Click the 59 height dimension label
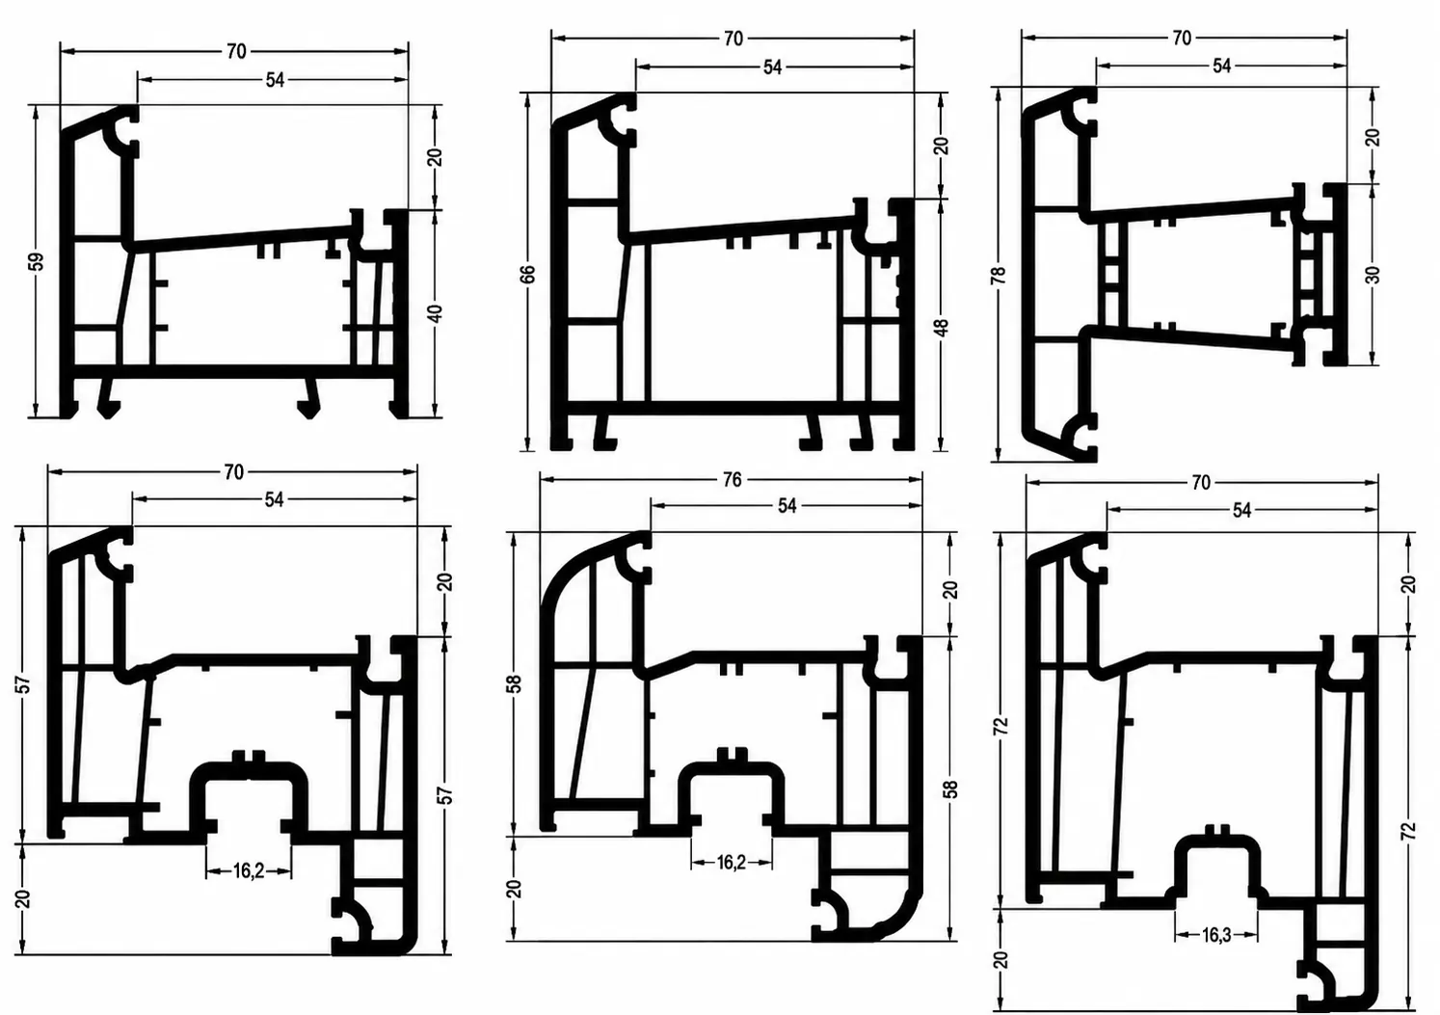[38, 261]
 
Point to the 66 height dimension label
[527, 274]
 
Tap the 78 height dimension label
[999, 275]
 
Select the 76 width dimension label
[733, 479]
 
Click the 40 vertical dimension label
[436, 314]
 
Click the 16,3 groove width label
[1216, 935]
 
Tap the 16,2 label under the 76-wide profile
[732, 863]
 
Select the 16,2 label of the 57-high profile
[248, 871]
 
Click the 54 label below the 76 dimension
[787, 506]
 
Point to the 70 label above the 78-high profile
[1182, 39]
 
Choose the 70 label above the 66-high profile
[733, 40]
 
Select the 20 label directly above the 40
[436, 157]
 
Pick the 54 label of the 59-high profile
[275, 80]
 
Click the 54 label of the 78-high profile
[1221, 67]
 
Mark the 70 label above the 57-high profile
[234, 472]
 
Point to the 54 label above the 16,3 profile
[1242, 511]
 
